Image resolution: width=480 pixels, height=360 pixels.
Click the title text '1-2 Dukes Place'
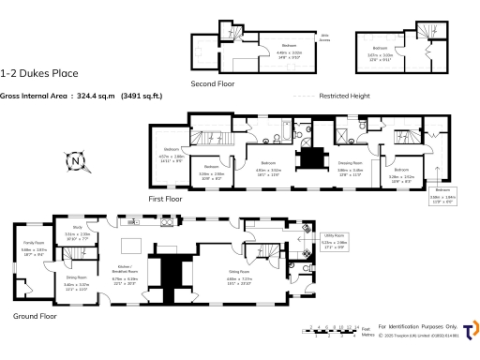(39, 73)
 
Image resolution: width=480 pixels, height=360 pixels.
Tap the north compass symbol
(76, 163)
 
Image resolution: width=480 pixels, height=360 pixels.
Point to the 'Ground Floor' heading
(35, 316)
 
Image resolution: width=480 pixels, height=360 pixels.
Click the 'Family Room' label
(34, 243)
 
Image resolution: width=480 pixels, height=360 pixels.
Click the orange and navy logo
(470, 327)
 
